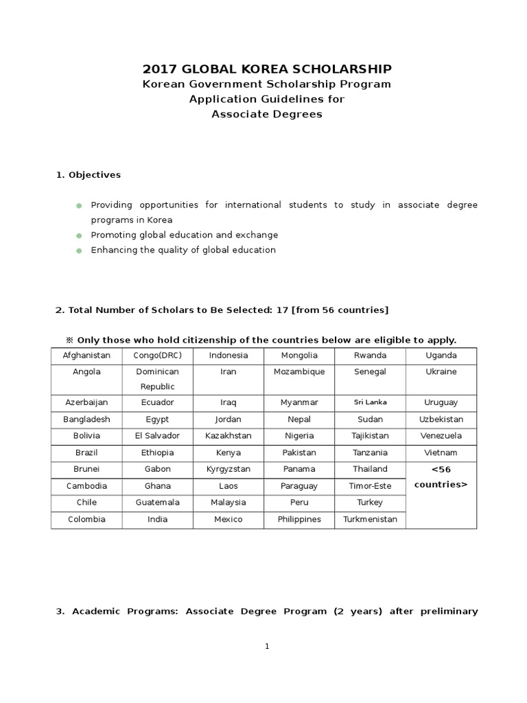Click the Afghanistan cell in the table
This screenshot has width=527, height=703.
(x=86, y=356)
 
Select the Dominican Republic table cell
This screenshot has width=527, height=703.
(x=158, y=379)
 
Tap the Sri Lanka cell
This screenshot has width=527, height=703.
(x=370, y=402)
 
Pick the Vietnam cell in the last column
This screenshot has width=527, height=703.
(x=441, y=452)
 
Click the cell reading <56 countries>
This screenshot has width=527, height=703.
(x=441, y=476)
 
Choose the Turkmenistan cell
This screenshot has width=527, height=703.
(x=370, y=519)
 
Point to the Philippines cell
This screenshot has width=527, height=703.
(x=299, y=519)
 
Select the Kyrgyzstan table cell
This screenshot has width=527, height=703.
(x=229, y=469)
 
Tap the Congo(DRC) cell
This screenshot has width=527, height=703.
(x=158, y=356)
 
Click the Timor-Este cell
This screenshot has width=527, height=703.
(x=370, y=486)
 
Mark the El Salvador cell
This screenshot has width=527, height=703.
(x=158, y=435)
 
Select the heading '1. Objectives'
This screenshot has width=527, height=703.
(x=88, y=174)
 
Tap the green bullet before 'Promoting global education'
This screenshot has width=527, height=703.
(x=79, y=235)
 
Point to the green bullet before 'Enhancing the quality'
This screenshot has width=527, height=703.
(x=79, y=251)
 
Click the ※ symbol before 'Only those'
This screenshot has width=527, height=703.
(x=69, y=340)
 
